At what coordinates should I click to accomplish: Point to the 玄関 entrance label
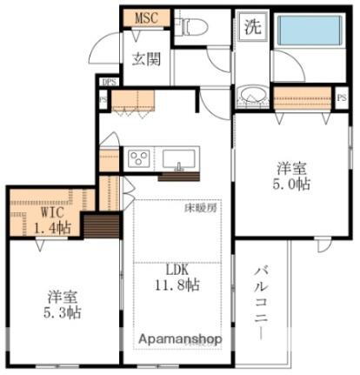tap(145, 59)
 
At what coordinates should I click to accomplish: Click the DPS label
tap(108, 83)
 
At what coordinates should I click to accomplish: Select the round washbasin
tap(251, 95)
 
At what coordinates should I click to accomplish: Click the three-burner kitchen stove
tap(139, 158)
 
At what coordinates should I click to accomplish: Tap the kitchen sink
tap(180, 158)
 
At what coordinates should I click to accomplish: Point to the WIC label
tap(49, 212)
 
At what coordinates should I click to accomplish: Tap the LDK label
tap(178, 269)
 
